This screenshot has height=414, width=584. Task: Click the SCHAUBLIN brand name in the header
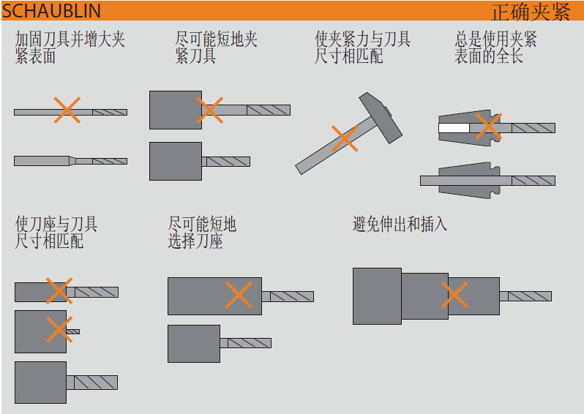(51, 11)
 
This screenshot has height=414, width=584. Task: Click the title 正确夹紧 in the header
(530, 12)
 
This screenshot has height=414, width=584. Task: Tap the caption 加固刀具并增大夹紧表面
(70, 48)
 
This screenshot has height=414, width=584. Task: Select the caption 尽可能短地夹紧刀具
(216, 48)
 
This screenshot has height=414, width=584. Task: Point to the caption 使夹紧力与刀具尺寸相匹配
(362, 48)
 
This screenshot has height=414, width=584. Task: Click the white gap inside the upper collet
(454, 128)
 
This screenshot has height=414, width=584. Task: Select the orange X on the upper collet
(488, 127)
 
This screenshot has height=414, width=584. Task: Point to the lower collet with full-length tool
(468, 180)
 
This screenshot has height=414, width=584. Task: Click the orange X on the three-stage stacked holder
(454, 296)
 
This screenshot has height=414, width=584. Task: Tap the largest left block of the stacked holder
(377, 296)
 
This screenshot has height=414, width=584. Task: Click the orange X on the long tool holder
(239, 295)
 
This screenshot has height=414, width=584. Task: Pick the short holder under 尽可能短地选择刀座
(194, 343)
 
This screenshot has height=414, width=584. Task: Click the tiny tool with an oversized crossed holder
(72, 331)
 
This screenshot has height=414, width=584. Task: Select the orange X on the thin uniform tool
(67, 110)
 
